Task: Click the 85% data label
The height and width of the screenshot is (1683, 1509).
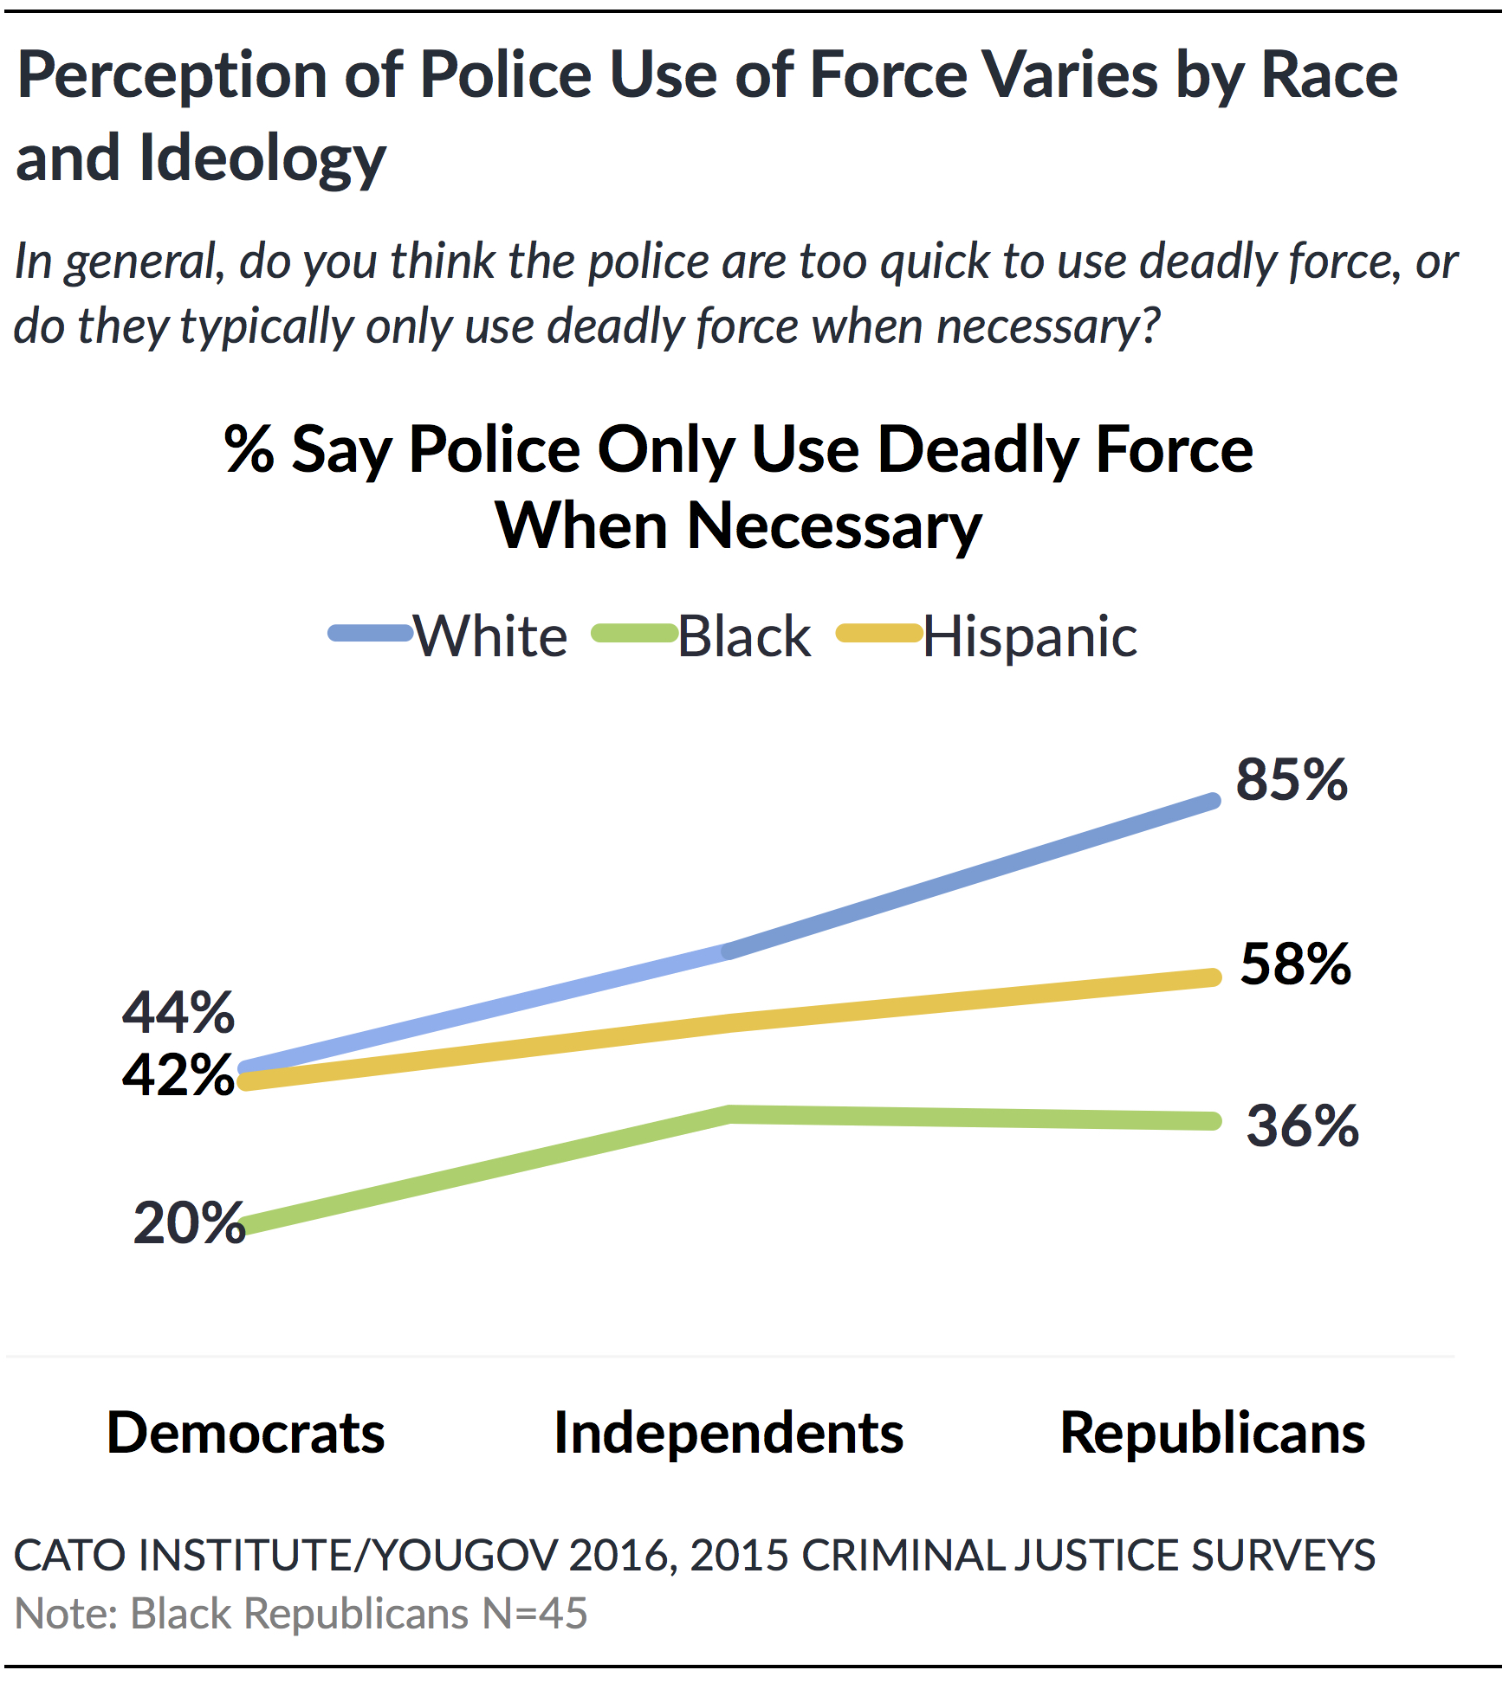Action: pyautogui.click(x=1291, y=779)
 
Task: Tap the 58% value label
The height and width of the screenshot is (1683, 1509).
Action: pyautogui.click(x=1295, y=964)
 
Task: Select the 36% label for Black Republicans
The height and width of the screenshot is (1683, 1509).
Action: pyautogui.click(x=1302, y=1125)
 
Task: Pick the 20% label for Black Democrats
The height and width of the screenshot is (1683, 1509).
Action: pyautogui.click(x=189, y=1222)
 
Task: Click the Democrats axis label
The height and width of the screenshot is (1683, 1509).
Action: pyautogui.click(x=246, y=1433)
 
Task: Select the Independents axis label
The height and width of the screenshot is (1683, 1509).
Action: pyautogui.click(x=729, y=1433)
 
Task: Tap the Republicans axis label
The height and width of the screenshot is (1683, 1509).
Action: pyautogui.click(x=1213, y=1433)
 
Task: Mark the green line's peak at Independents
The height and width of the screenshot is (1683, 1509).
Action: pyautogui.click(x=730, y=1114)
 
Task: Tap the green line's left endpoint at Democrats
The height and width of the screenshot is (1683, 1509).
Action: pyautogui.click(x=246, y=1226)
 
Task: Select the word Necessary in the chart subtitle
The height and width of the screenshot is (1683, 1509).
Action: pyautogui.click(x=834, y=526)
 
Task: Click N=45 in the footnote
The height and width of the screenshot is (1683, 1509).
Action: pyautogui.click(x=534, y=1614)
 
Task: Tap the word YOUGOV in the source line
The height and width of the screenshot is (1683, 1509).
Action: pyautogui.click(x=464, y=1555)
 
